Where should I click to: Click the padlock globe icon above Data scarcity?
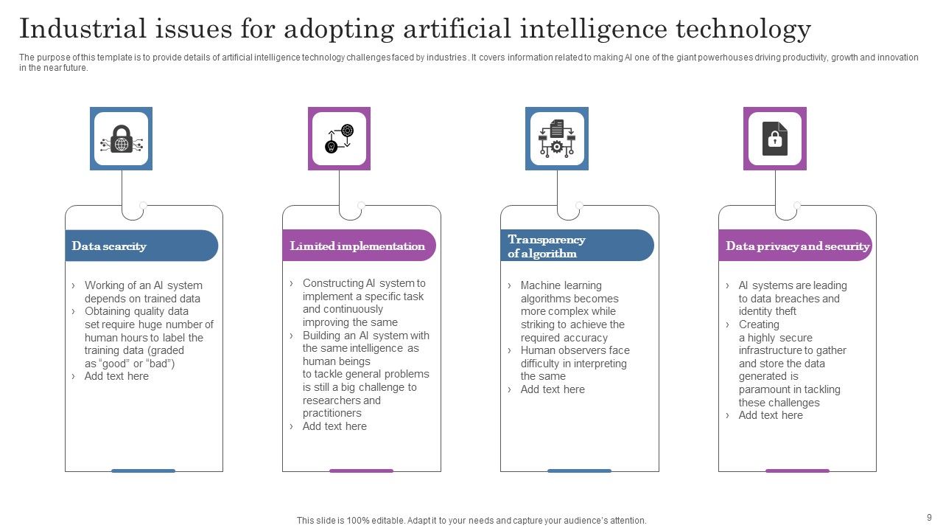tap(121, 139)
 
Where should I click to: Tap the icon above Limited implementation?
tap(339, 139)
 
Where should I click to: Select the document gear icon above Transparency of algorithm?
tap(556, 139)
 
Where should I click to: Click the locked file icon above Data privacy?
tap(774, 139)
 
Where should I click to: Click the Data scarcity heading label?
tap(109, 246)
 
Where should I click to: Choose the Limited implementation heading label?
tap(357, 246)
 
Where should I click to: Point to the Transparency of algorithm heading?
tap(547, 246)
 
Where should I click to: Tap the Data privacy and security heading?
tap(797, 246)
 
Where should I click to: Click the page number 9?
tap(929, 517)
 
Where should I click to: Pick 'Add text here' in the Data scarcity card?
tap(116, 376)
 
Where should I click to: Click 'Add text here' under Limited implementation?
tap(334, 426)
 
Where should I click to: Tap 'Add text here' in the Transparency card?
tap(553, 389)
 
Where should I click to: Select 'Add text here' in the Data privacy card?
tap(771, 415)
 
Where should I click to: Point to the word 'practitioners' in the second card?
tap(332, 413)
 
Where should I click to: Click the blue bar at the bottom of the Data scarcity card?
tap(143, 471)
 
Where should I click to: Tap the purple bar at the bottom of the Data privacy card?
tap(797, 471)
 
